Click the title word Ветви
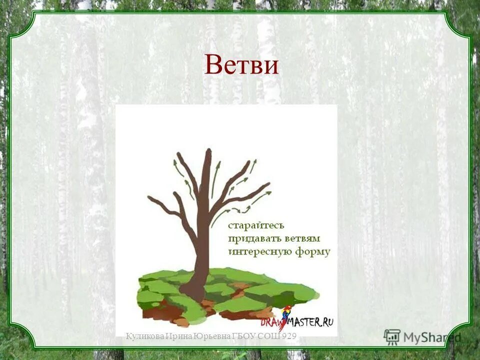click(241, 65)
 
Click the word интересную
click(259, 251)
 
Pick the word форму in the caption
click(312, 251)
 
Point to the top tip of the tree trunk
click(208, 149)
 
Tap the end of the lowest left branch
click(149, 197)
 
